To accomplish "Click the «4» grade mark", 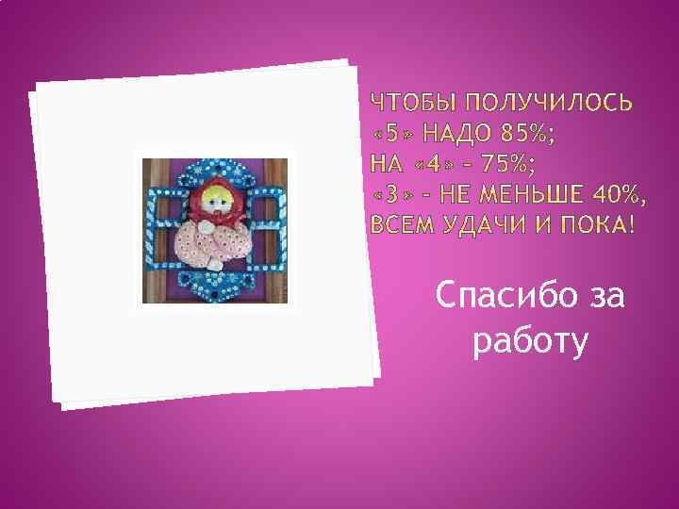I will pyautogui.click(x=434, y=164).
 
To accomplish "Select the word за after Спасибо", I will pyautogui.click(x=604, y=297).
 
